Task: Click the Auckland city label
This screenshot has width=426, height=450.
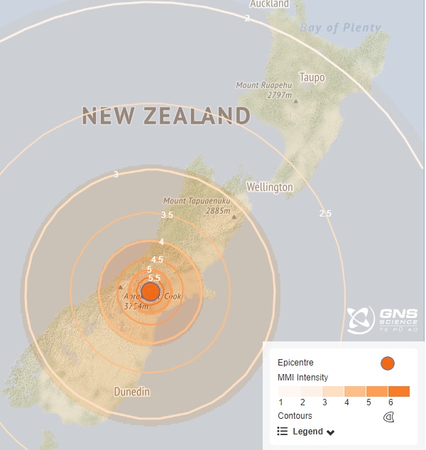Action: coord(269,4)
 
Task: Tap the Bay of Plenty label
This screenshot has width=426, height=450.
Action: coord(340,28)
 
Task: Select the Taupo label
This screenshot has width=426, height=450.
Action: coord(312,77)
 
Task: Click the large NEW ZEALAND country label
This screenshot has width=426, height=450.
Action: coord(166,116)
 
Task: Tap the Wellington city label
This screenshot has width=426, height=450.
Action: coord(269,187)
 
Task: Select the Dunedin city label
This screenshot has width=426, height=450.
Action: coord(132,391)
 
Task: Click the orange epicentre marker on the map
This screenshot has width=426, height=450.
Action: coord(151,291)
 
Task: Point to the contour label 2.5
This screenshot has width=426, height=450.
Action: coord(325,213)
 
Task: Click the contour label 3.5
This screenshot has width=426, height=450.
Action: coord(167,214)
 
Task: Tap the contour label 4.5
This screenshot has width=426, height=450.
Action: coord(158,259)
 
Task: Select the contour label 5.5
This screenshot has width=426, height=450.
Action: coord(154,278)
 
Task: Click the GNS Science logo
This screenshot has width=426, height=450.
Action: coord(382,320)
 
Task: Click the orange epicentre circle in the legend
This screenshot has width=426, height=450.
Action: coord(387,363)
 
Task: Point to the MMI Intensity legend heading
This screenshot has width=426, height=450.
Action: coord(302,378)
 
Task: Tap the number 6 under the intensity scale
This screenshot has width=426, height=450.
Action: coord(390,403)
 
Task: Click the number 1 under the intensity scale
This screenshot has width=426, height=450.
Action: coord(280,403)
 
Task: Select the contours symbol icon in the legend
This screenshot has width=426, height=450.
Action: coord(388,417)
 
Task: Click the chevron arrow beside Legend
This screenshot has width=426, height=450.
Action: coord(331,432)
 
